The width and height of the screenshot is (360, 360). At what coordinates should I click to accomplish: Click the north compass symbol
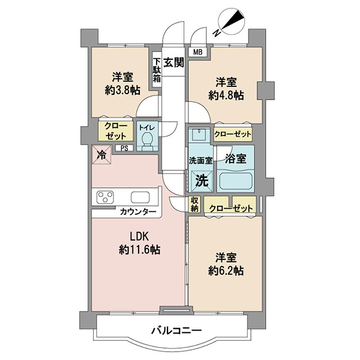pos(230,23)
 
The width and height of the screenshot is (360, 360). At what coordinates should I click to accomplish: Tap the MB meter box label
pos(197,52)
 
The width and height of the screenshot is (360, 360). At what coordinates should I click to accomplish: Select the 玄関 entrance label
pos(173,62)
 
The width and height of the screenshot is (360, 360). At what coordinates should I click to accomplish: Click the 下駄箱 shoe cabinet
pos(157,70)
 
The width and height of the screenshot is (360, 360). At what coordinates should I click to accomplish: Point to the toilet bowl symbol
pos(146,141)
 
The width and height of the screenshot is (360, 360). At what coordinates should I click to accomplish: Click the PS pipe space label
pos(124,148)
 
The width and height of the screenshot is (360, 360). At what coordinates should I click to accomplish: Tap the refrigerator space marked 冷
pos(102,155)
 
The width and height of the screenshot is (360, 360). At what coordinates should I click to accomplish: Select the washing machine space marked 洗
pos(202,181)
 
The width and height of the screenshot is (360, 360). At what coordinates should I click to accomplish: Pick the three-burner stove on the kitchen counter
pos(105,197)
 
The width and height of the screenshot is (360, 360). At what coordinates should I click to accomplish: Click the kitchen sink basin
pos(140,197)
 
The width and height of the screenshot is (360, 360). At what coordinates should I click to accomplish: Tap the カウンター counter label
pos(138,211)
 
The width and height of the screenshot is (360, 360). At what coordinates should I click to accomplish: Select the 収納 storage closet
pos(194,205)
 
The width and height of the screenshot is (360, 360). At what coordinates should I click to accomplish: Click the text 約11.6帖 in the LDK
pos(140,250)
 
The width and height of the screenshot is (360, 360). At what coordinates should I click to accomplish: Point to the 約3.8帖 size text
pos(122,91)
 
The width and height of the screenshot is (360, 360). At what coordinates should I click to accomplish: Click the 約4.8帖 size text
pos(226,95)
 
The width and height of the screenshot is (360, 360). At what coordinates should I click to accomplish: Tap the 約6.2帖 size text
pos(226,271)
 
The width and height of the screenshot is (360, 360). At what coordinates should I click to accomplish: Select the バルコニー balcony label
pos(176,331)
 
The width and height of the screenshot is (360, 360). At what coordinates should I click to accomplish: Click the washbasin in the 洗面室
pos(199,134)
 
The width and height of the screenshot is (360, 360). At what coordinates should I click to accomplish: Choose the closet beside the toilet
pos(116,131)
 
